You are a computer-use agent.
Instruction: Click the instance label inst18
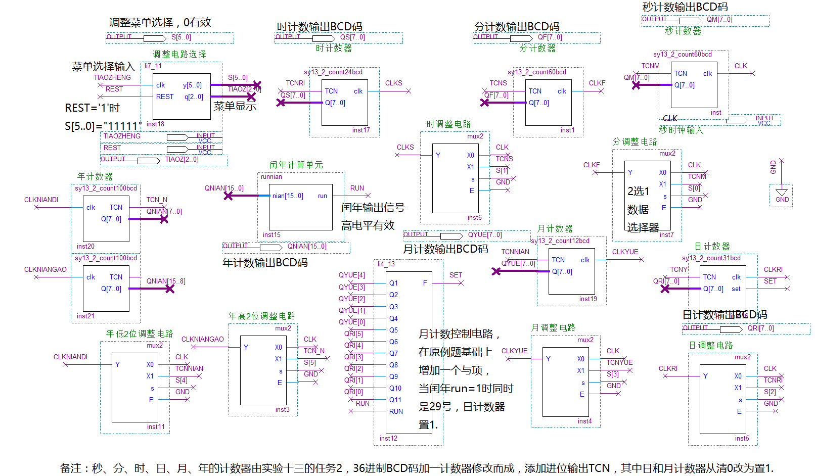(x=155, y=124)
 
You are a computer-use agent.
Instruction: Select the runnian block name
(x=271, y=177)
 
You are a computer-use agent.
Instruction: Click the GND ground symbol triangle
(x=782, y=193)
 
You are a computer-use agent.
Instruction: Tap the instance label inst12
(x=388, y=439)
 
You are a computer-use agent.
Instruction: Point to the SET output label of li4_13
(x=456, y=275)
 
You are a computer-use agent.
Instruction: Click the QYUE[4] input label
(x=351, y=275)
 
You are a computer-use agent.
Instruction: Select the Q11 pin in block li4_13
(x=395, y=400)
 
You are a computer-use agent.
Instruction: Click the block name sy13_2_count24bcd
(x=333, y=72)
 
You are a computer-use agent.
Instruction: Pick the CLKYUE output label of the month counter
(x=625, y=252)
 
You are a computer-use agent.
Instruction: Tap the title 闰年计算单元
(x=296, y=165)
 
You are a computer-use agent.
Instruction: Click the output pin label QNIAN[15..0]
(x=307, y=247)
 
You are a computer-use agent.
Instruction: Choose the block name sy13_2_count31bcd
(x=711, y=258)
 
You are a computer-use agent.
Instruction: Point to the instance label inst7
(x=666, y=235)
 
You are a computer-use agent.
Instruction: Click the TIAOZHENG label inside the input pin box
(x=122, y=136)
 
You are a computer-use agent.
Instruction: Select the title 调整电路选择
(x=179, y=54)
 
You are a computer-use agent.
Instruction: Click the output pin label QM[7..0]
(x=719, y=20)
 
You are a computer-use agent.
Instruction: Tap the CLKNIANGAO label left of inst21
(x=46, y=270)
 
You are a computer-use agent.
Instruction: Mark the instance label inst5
(x=742, y=439)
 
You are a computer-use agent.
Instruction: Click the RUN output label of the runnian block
(x=357, y=188)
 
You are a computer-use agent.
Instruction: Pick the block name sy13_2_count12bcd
(x=560, y=241)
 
